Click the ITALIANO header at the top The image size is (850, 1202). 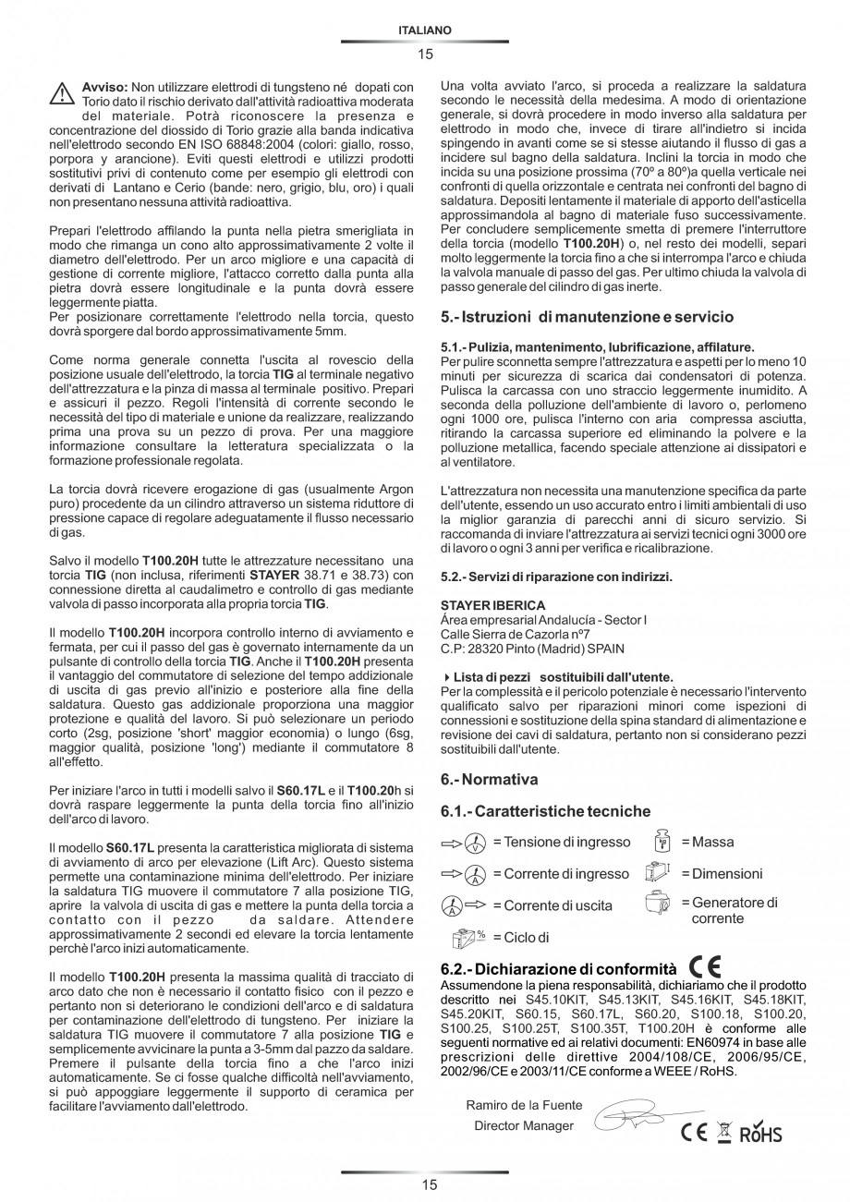tap(425, 30)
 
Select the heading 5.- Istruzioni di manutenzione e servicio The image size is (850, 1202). tap(587, 316)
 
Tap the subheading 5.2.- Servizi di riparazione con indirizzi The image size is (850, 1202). tap(556, 577)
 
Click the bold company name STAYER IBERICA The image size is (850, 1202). tap(492, 605)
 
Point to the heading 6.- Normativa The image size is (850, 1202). tap(489, 779)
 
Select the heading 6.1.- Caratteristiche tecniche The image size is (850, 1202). tap(545, 811)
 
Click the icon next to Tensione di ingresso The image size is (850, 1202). tap(466, 843)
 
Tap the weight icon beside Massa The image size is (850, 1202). tap(662, 842)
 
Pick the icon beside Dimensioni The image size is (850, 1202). tap(657, 873)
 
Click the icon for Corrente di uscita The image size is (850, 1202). tap(465, 905)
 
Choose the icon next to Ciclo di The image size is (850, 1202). tap(468, 938)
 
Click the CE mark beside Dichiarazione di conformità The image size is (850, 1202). tap(706, 967)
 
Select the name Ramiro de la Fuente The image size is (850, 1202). tap(524, 1105)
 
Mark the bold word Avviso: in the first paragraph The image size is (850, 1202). tap(105, 86)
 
